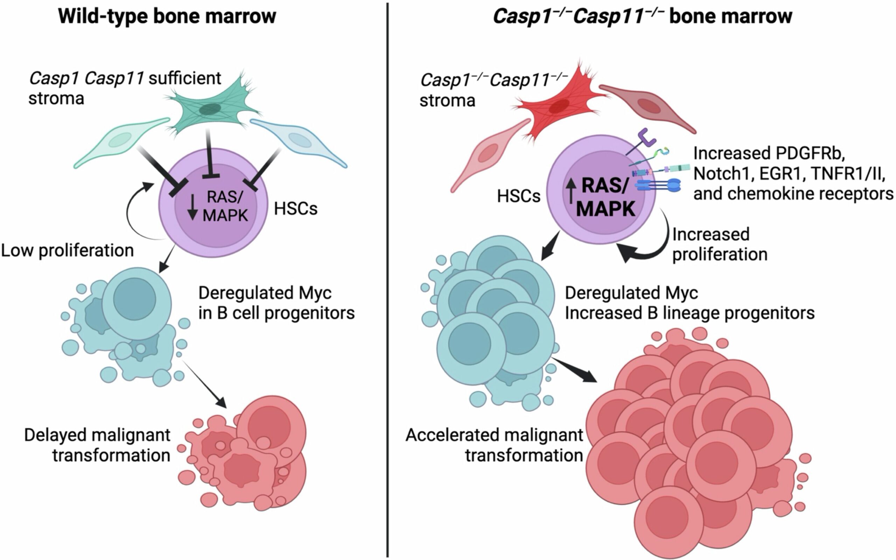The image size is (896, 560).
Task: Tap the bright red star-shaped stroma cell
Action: [558, 107]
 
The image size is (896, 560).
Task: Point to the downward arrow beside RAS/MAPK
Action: [192, 208]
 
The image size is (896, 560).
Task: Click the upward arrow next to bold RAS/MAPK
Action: [570, 190]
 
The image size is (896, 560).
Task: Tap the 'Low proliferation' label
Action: [67, 251]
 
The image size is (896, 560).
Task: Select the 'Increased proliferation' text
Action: [719, 244]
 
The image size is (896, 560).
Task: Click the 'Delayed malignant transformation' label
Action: [97, 445]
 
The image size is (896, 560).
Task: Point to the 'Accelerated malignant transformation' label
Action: [495, 445]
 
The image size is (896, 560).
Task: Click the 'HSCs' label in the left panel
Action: [296, 209]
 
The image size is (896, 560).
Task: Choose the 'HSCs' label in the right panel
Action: [518, 196]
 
